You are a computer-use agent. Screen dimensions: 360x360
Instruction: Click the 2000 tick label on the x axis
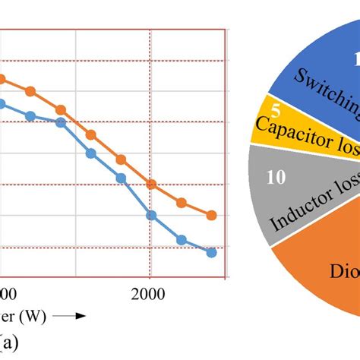[150, 293]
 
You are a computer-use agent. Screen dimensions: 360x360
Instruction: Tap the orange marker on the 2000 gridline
[151, 185]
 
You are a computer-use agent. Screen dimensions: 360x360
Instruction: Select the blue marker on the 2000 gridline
[151, 216]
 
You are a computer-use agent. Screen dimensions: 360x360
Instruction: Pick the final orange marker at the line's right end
[211, 216]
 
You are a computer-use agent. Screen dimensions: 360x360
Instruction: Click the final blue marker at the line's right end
[211, 252]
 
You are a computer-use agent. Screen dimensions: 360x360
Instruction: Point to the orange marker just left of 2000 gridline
[121, 159]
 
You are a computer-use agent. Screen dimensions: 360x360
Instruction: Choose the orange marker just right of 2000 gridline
[182, 203]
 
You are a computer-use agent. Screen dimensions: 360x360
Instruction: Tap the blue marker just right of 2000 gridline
[182, 239]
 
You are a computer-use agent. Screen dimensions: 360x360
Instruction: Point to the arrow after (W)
[71, 314]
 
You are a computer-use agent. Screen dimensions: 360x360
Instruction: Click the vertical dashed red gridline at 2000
[150, 114]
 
